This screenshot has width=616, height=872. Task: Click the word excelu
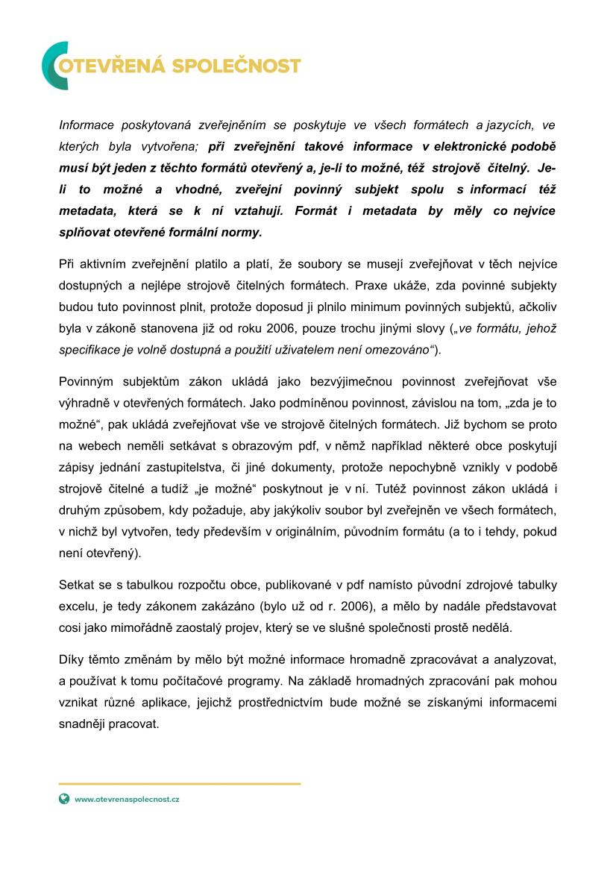point(78,606)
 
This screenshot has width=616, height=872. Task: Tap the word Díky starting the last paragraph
point(72,660)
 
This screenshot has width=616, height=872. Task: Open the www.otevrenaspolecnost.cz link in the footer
point(127,799)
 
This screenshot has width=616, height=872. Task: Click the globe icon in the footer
point(64,799)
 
